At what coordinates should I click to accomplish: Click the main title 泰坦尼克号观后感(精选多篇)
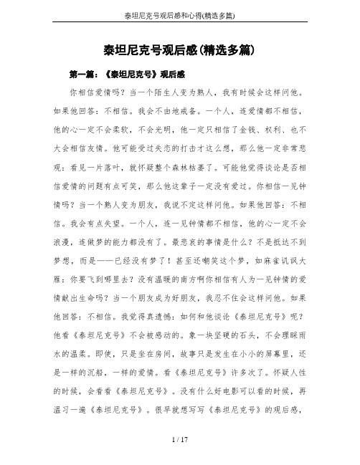click(180, 52)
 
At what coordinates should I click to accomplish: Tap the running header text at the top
click(180, 15)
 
